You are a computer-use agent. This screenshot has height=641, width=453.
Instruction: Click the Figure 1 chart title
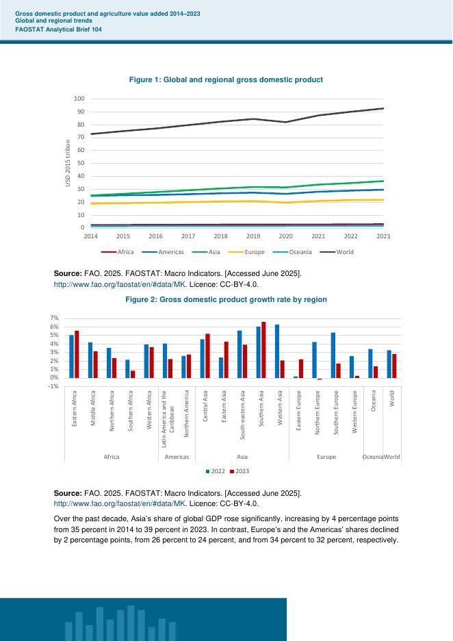[226, 80]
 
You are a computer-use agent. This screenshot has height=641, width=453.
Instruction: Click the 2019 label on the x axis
[253, 236]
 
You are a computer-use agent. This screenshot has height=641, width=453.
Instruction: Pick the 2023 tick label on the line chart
[383, 236]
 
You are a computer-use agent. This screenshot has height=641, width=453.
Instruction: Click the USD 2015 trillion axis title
[68, 163]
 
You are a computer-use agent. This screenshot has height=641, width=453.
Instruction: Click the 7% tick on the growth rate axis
[55, 318]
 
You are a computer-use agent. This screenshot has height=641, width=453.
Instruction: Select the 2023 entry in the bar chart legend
[239, 472]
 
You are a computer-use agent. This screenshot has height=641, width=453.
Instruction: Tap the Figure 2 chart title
[226, 299]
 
